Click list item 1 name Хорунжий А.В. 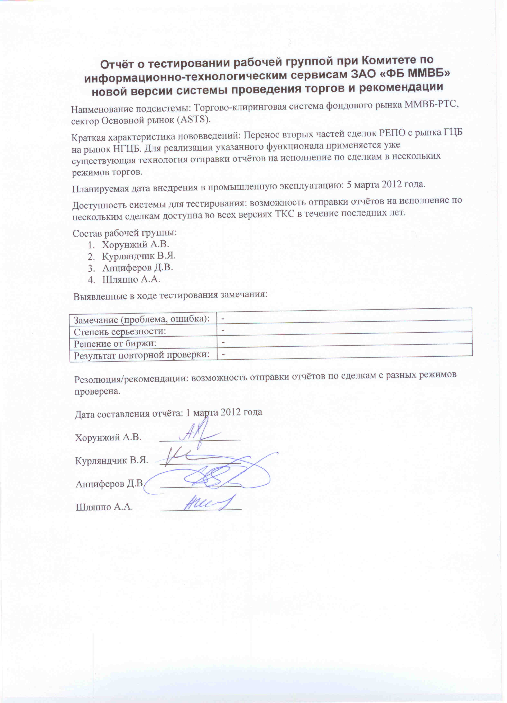[136, 245]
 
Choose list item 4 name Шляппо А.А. [131, 279]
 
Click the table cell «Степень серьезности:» [119, 332]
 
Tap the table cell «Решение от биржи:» [115, 343]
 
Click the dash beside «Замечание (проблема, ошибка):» [223, 318]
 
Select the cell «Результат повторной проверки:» [141, 355]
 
